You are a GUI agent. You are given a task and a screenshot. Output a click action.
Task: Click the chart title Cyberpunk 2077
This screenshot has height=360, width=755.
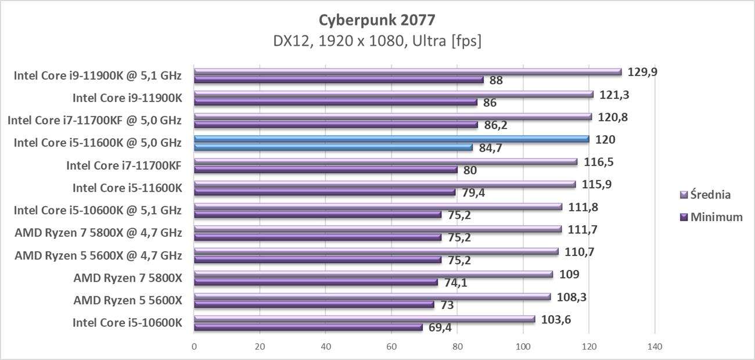pos(377,20)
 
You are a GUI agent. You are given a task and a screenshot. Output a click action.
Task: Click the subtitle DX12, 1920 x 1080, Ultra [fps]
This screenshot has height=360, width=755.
pos(377,41)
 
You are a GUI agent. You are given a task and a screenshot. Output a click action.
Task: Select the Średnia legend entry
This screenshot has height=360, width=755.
pos(707,195)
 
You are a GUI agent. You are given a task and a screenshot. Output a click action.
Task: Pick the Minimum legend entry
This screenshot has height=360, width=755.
pos(711,217)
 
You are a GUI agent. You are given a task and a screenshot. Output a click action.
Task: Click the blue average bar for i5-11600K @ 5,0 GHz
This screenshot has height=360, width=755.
pos(391,139)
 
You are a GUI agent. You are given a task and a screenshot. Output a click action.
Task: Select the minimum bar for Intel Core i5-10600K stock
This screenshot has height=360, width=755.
pos(308,327)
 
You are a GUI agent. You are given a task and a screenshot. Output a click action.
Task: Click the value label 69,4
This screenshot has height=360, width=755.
pos(440,328)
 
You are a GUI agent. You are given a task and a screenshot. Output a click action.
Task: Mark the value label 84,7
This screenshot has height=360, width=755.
pos(491,148)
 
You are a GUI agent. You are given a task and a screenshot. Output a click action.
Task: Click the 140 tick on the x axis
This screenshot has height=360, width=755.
pos(655,347)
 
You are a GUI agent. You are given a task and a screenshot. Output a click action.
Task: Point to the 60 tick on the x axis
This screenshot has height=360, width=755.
pos(391,347)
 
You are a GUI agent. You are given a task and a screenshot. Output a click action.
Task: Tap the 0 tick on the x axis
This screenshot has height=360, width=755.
pos(194,347)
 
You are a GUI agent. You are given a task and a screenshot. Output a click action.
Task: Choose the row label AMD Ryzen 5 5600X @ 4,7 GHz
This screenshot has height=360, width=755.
pos(98,255)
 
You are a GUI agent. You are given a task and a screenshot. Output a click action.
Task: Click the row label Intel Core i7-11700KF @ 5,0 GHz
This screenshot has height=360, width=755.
pos(95,121)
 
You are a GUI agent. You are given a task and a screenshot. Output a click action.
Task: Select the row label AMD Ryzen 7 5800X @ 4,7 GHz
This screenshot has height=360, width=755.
pos(98,233)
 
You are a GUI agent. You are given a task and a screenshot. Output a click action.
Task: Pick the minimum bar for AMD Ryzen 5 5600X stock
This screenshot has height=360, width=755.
pos(314,305)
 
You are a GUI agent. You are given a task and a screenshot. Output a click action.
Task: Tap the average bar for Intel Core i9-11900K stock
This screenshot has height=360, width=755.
pos(394,94)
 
